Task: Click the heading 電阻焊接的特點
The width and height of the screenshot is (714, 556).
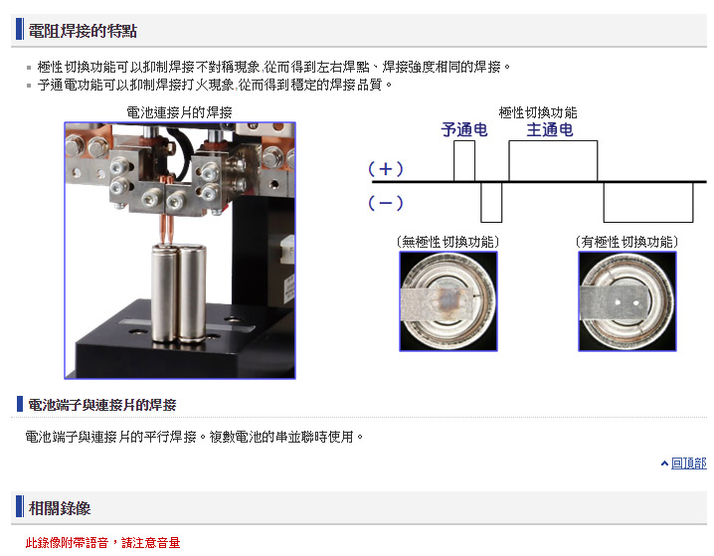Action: pos(83,31)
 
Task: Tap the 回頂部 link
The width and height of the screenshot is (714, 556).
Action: pos(688,463)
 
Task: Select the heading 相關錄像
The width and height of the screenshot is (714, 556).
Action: pos(60,507)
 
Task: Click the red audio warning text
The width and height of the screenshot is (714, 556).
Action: pos(102,542)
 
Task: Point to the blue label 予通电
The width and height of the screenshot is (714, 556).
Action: pos(464,129)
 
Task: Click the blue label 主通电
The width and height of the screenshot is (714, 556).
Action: pos(550,129)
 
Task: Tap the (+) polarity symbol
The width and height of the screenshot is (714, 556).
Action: pos(385,169)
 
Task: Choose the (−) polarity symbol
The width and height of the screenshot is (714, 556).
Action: pos(385,203)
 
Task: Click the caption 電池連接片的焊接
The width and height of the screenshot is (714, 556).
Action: pos(179,112)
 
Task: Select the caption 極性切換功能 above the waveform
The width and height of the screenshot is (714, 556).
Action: pos(538,112)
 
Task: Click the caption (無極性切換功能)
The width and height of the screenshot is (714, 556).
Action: pos(448,242)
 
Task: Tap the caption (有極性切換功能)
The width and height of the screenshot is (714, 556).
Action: pos(627,242)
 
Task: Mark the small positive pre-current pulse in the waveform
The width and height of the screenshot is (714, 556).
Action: pos(464,161)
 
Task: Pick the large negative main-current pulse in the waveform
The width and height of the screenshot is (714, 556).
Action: pos(648,202)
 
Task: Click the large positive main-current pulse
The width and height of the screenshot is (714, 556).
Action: pos(553,161)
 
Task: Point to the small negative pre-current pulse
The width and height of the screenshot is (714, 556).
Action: pos(491,202)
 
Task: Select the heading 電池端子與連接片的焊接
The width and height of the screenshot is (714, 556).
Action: pos(102,405)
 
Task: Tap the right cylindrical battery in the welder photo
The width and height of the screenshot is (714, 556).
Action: pos(192,293)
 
